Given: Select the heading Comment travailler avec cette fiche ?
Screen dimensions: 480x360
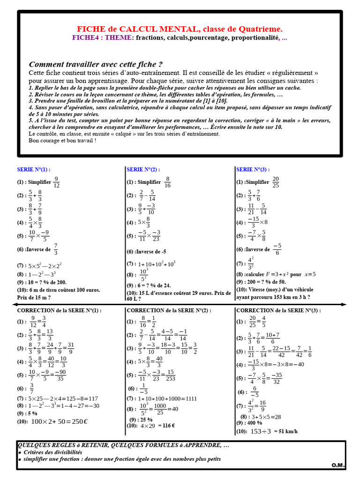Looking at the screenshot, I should coord(96,64).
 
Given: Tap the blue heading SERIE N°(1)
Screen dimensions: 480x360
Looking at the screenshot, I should coord(33,170).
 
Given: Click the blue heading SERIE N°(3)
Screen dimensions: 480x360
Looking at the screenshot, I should coord(253,170).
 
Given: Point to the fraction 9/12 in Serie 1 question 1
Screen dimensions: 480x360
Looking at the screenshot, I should coord(56,182).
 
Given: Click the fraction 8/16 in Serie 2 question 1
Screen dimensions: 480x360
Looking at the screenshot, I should coord(168,182).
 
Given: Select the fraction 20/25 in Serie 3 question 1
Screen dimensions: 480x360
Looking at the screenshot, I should coord(276,182).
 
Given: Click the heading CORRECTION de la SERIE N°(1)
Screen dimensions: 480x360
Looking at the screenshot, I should coord(59,310).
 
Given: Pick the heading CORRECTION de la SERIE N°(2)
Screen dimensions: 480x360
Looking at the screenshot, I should coord(169,310).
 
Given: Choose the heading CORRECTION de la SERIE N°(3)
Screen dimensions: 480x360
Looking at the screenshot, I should coord(278,310).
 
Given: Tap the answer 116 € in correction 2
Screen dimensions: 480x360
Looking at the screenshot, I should coord(165,426).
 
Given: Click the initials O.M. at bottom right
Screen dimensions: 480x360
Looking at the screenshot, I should coord(338,465).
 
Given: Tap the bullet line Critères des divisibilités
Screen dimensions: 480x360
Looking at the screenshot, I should coord(52,452).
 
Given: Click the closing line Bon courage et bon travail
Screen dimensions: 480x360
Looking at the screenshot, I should coord(62,140).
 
